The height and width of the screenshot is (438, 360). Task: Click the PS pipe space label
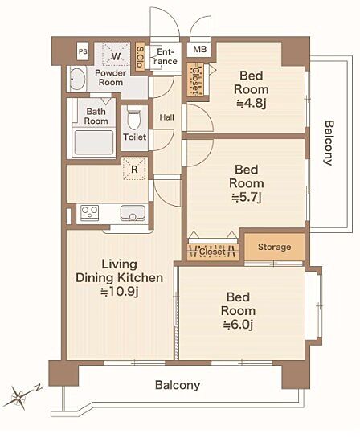(83, 51)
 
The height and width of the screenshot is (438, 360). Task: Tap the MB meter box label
(200, 50)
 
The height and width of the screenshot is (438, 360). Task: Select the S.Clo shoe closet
(140, 56)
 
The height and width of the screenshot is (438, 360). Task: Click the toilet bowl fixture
(134, 117)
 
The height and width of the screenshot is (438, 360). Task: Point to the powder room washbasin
(77, 80)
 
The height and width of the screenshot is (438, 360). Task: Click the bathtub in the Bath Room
(94, 142)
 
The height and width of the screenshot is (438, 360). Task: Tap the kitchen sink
(133, 213)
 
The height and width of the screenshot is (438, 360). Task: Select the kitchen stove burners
(89, 213)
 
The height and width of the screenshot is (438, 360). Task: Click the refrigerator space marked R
(135, 169)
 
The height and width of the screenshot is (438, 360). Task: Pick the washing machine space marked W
(117, 56)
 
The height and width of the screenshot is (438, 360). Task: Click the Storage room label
(275, 247)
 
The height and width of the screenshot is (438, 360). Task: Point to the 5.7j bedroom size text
(247, 198)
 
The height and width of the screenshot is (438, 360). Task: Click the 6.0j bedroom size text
(238, 325)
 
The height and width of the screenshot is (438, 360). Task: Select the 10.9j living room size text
(120, 292)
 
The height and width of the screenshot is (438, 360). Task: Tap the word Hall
(166, 117)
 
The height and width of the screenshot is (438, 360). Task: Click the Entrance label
(166, 56)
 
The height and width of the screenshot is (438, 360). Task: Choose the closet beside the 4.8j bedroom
(195, 80)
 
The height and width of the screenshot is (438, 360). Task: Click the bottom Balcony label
(178, 385)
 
